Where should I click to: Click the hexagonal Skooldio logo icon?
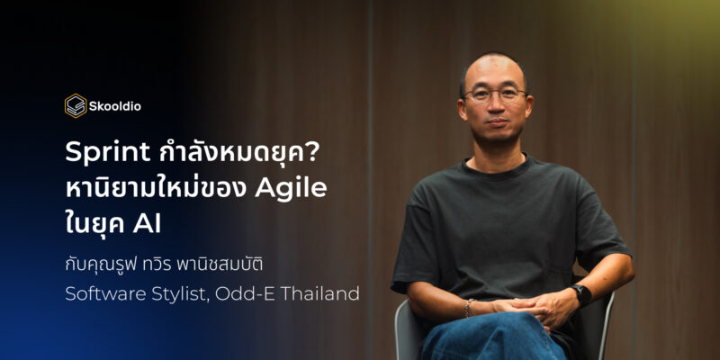tap(76, 106)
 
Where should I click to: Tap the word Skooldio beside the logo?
tap(115, 106)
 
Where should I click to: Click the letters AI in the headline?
tap(147, 225)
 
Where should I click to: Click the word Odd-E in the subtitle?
tap(245, 294)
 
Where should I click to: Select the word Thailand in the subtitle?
tap(319, 294)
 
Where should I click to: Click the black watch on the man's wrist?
tap(580, 296)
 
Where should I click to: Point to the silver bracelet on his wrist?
tap(468, 308)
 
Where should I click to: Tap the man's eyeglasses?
tap(494, 95)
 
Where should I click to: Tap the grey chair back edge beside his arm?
tap(607, 321)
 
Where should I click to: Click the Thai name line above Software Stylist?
tap(164, 265)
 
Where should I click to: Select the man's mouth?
tap(498, 122)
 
